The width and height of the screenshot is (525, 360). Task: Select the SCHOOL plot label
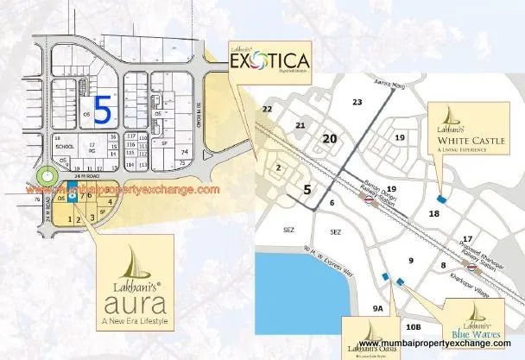(x=62, y=148)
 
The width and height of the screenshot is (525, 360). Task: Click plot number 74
(x=184, y=152)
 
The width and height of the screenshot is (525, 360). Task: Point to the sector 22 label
(x=268, y=109)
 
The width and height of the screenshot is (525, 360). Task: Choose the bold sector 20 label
(x=329, y=138)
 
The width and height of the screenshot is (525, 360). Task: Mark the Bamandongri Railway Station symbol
(x=369, y=197)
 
